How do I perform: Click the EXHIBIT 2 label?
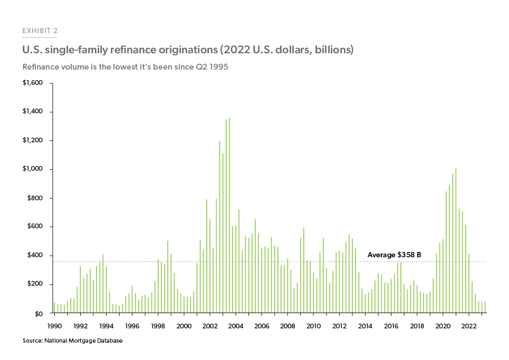click(x=40, y=31)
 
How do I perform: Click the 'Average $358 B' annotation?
click(x=393, y=255)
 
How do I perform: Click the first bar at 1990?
click(x=54, y=308)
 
